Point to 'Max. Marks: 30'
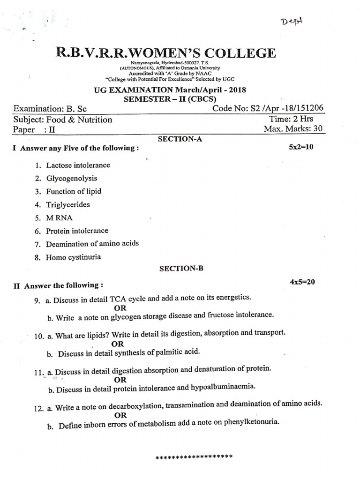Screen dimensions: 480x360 coord(293,129)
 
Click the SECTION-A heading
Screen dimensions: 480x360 coord(180,139)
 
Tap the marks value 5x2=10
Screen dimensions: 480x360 coord(304,147)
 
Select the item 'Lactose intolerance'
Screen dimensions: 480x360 coord(78,165)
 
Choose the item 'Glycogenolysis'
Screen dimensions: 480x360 coord(72,179)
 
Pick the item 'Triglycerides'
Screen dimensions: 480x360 coord(68,205)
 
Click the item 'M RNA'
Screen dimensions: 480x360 coord(60,218)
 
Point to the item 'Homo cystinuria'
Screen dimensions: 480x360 coord(73,257)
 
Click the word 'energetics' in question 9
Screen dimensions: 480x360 coord(233,298)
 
